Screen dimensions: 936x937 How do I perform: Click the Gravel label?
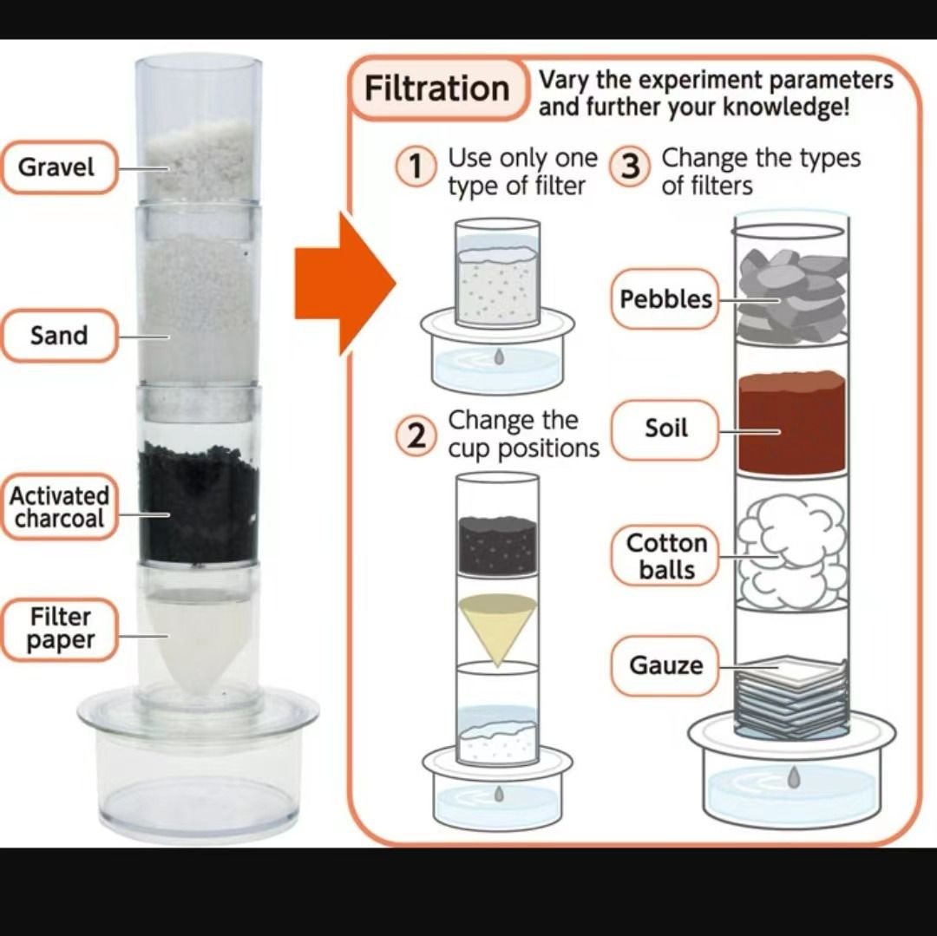coord(57,167)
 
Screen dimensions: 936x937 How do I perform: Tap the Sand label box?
coord(58,335)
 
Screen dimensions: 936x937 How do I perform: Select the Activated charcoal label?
coord(59,507)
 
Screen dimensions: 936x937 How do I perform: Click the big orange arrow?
coord(344,283)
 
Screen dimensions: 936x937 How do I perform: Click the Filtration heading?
coord(437,88)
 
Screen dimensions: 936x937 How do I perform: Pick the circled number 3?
coord(631,167)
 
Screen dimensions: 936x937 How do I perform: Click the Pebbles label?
coord(665,300)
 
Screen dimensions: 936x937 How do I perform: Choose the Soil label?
coord(665,428)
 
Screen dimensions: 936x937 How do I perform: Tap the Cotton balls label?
coord(665,556)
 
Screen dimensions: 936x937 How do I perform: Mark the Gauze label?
coord(665,666)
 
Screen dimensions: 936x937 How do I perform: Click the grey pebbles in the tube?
coord(791,295)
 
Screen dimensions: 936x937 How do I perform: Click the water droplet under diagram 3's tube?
coord(793,778)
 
